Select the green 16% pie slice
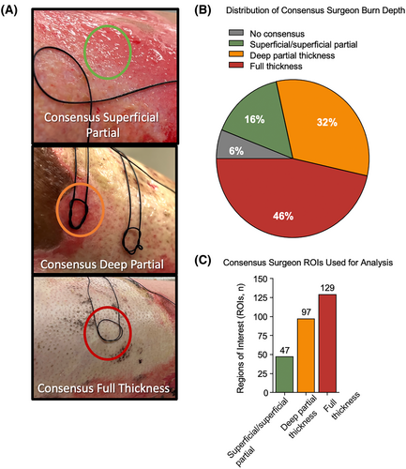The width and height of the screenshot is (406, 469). tap(254, 119)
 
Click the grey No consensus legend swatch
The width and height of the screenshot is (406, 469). tap(236, 33)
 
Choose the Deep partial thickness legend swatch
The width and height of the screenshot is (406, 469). tap(236, 54)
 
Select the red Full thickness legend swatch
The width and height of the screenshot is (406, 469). tap(236, 66)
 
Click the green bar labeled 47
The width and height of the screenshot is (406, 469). tap(284, 374)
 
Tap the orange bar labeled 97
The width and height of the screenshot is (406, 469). tap(306, 356)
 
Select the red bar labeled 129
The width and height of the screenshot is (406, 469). tap(327, 343)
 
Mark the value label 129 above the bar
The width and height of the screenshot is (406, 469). tap(327, 288)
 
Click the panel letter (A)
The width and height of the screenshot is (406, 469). tap(9, 10)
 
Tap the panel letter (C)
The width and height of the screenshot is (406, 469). tap(203, 261)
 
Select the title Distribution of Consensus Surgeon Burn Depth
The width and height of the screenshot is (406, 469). tap(315, 10)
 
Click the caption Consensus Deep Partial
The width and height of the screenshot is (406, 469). tap(102, 265)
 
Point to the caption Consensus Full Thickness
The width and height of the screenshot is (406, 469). tap(103, 388)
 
